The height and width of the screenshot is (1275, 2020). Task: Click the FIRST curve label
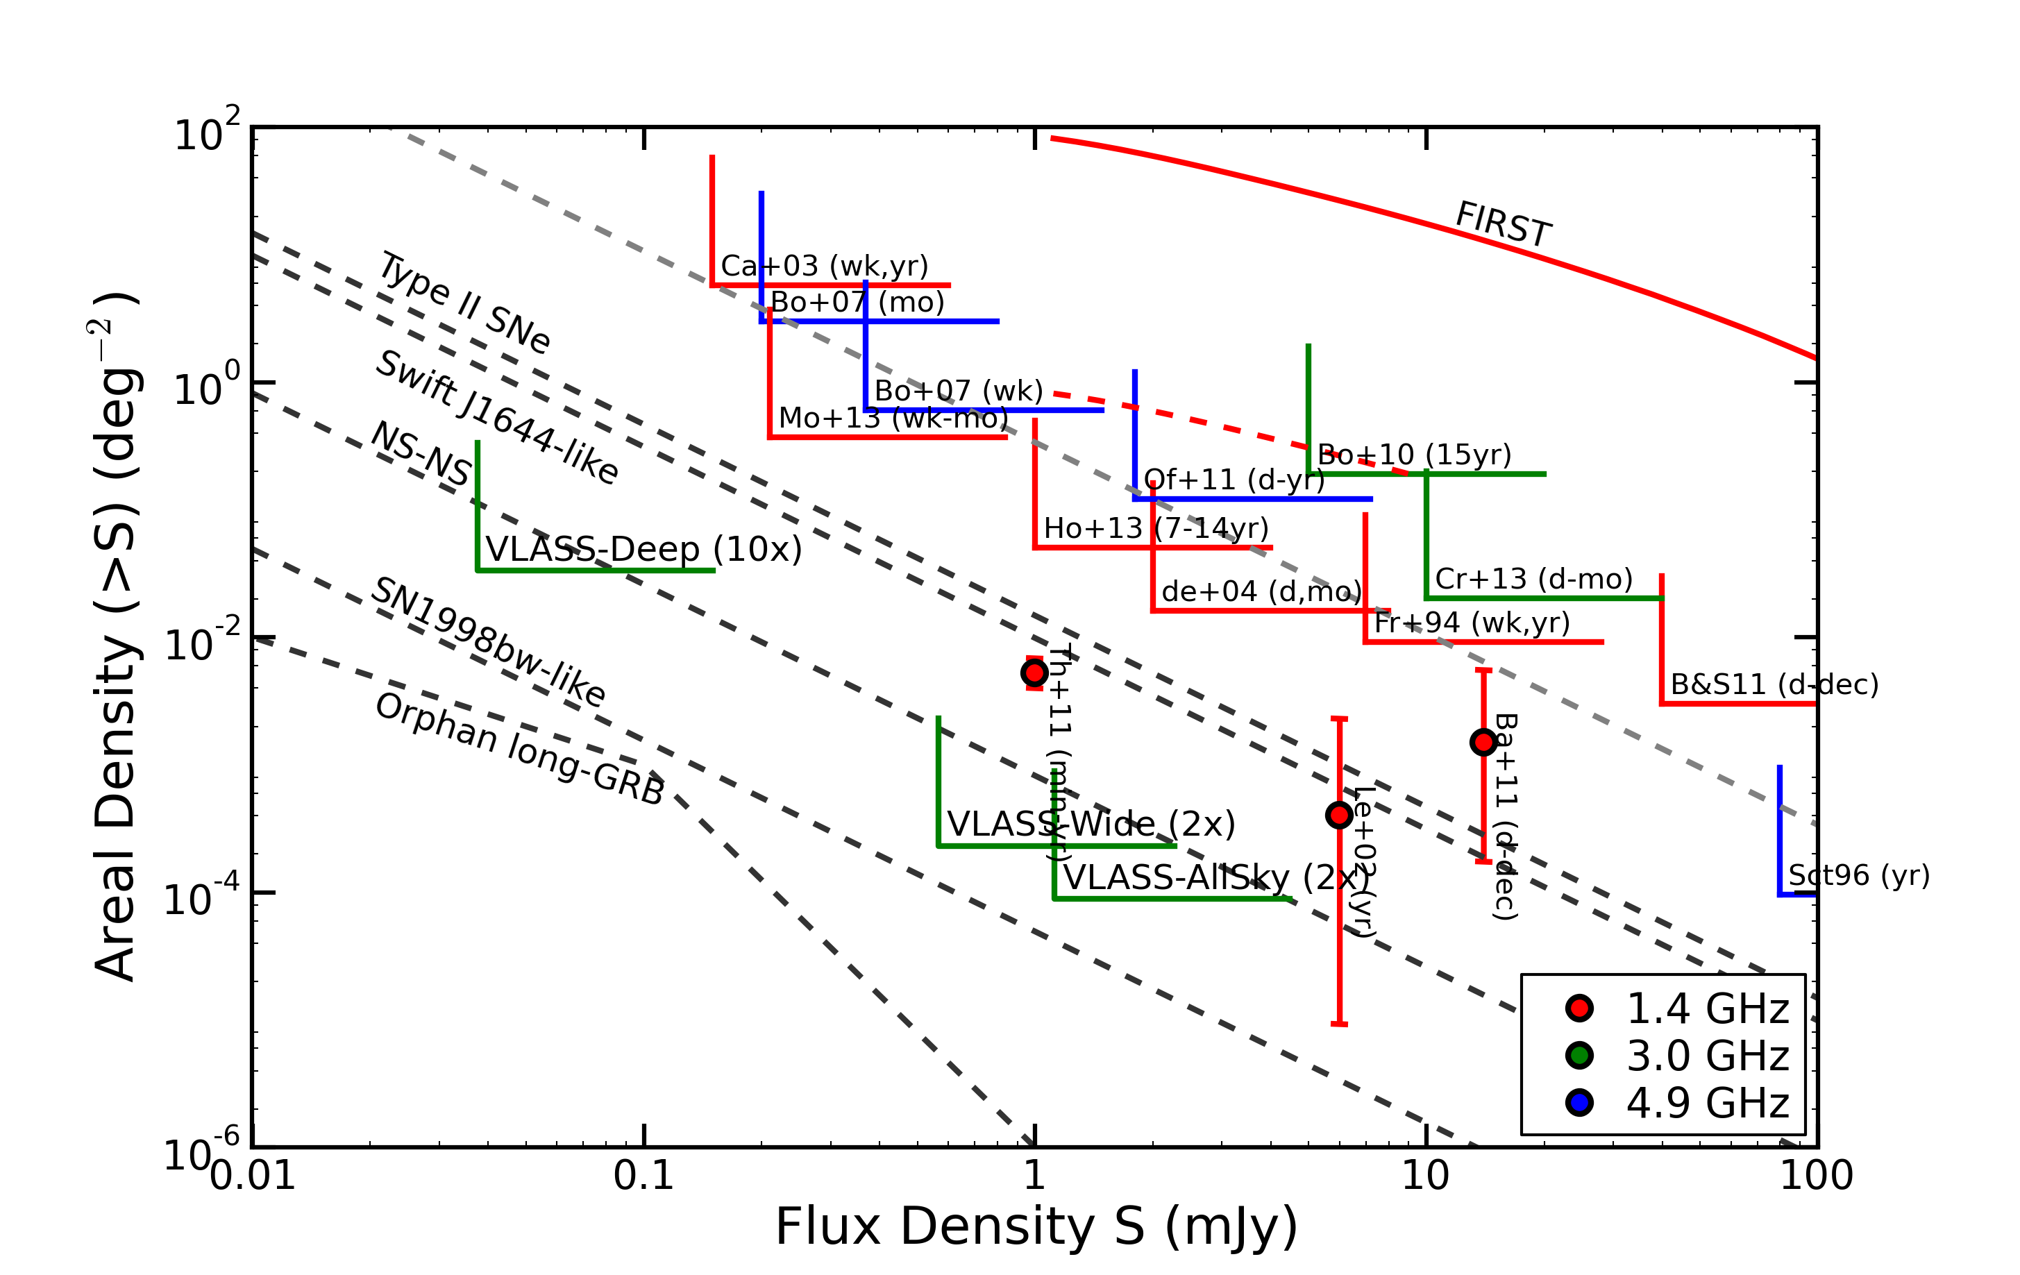pyautogui.click(x=1504, y=225)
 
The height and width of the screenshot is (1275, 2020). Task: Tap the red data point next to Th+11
pyautogui.click(x=1034, y=673)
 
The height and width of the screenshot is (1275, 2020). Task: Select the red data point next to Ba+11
pyautogui.click(x=1483, y=741)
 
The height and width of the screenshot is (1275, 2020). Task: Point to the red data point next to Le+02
pyautogui.click(x=1339, y=815)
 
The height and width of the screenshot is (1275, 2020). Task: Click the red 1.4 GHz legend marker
pyautogui.click(x=1579, y=1008)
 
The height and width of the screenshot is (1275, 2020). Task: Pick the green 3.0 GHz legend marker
pyautogui.click(x=1579, y=1055)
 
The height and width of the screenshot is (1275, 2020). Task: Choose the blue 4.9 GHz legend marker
pyautogui.click(x=1579, y=1102)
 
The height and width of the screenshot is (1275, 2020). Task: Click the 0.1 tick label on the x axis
pyautogui.click(x=643, y=1176)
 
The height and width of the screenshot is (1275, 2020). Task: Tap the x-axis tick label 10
pyautogui.click(x=1425, y=1176)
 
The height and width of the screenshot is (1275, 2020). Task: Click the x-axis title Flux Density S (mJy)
pyautogui.click(x=1036, y=1226)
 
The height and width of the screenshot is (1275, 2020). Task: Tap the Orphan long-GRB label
pyautogui.click(x=520, y=749)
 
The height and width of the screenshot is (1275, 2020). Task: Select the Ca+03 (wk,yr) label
pyautogui.click(x=825, y=266)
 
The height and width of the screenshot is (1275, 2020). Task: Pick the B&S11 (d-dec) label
pyautogui.click(x=1774, y=684)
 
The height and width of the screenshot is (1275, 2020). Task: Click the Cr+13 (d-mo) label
pyautogui.click(x=1533, y=579)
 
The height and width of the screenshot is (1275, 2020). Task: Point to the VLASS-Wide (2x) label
pyautogui.click(x=1091, y=825)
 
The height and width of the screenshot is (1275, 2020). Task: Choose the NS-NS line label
pyautogui.click(x=421, y=454)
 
